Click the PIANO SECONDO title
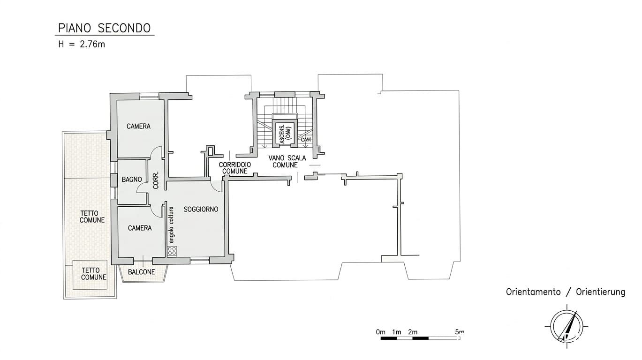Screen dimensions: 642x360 coord(104,28)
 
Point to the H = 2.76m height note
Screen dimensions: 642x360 coord(82,45)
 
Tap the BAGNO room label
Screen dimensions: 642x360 coord(132,180)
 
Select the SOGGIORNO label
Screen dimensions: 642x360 coord(201,210)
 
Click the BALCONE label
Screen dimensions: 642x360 coord(141,272)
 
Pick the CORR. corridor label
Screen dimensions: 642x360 coord(156,180)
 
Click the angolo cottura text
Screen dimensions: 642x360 coord(171,225)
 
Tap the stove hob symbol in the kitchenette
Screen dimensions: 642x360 coord(172,251)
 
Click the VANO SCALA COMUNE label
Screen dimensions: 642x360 coord(287,162)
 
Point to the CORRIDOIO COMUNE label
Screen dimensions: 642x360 coord(235,168)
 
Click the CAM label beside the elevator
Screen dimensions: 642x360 coord(306,140)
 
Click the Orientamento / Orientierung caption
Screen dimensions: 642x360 coord(566,292)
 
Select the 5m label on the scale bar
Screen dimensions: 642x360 coord(460,332)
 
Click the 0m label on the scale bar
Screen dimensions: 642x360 coord(381,332)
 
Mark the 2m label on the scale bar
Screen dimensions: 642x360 coord(413,332)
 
